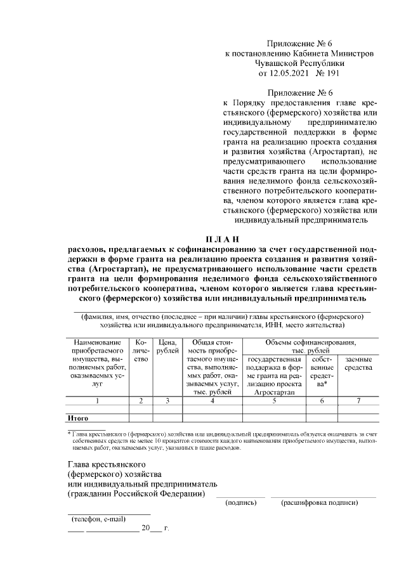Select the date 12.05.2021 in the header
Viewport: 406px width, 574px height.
pyautogui.click(x=282, y=74)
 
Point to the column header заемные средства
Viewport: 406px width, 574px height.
pyautogui.click(x=358, y=363)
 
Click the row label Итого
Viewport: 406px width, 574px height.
pyautogui.click(x=77, y=418)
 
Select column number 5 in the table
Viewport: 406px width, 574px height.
pyautogui.click(x=275, y=400)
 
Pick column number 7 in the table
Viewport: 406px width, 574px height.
pyautogui.click(x=358, y=400)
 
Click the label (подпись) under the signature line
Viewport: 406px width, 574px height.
pyautogui.click(x=241, y=503)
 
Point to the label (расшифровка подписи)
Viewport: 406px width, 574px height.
pyautogui.click(x=320, y=503)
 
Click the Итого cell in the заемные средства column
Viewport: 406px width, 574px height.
pyautogui.click(x=358, y=418)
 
